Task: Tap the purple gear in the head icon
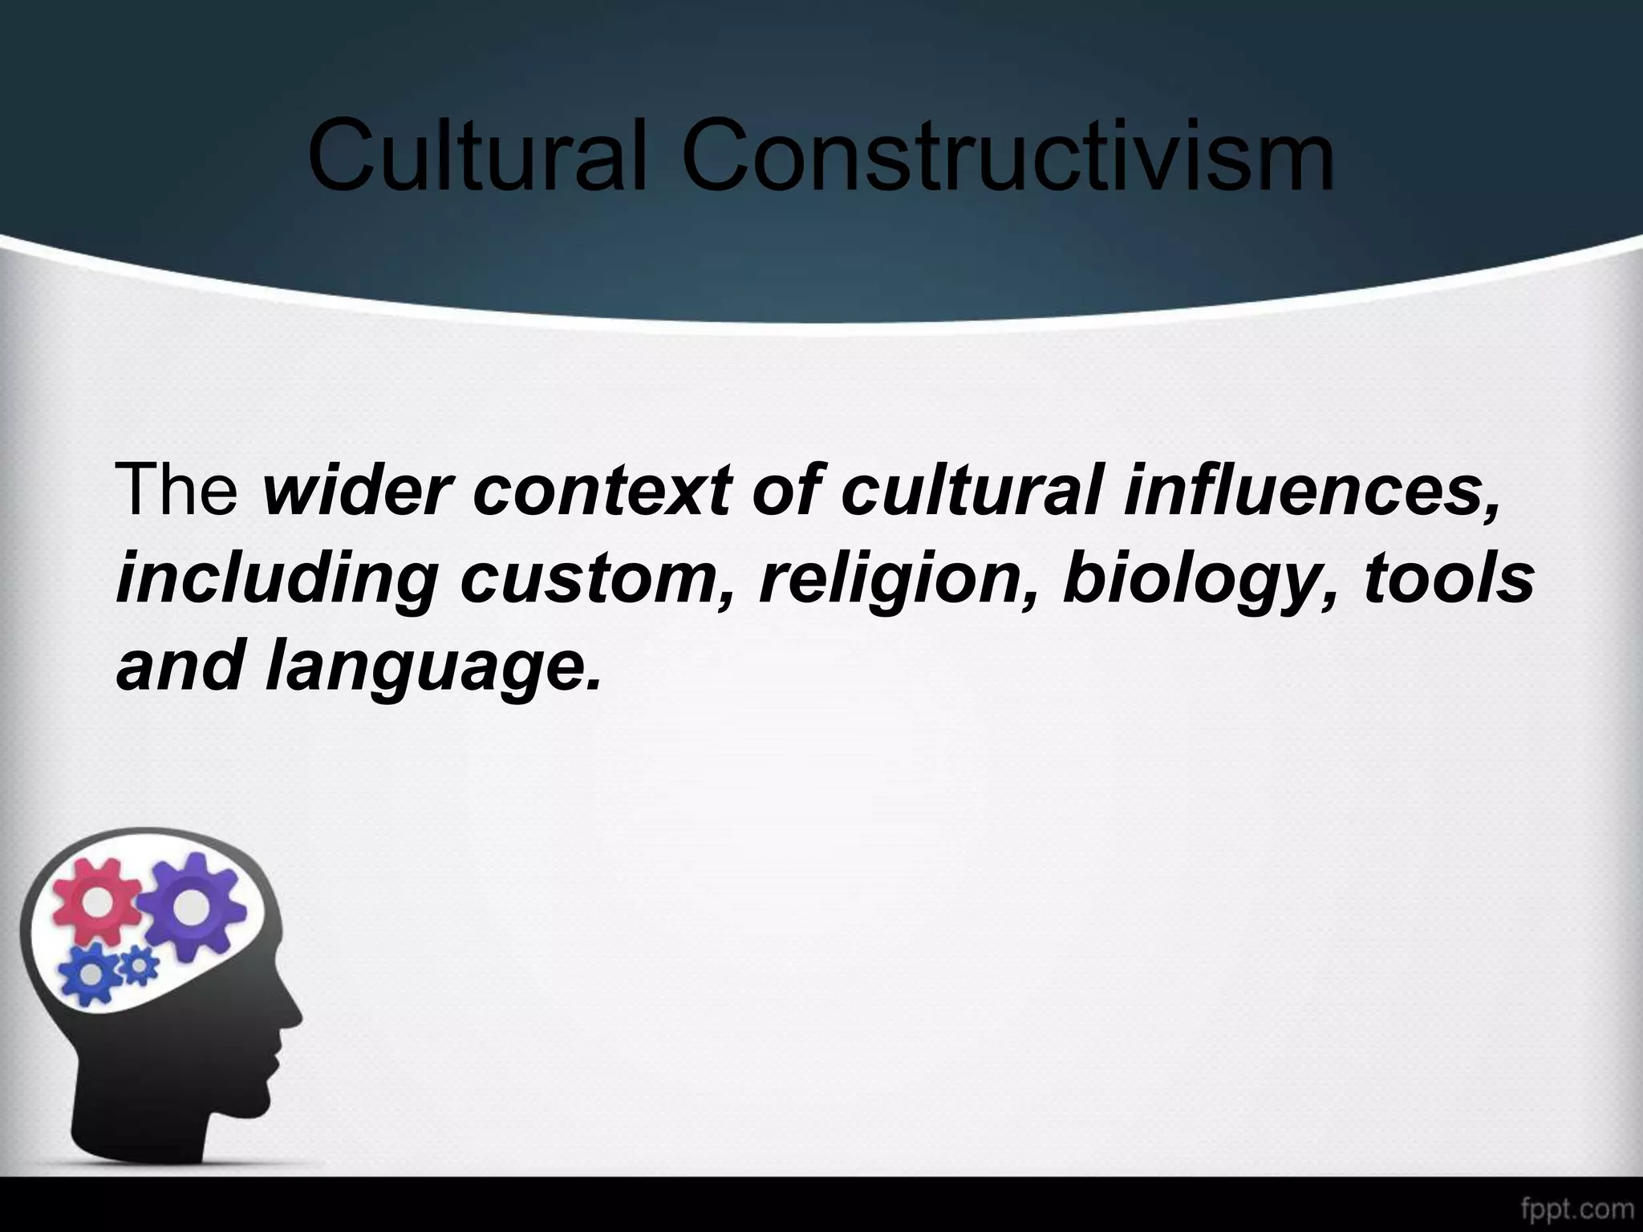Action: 190,906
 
